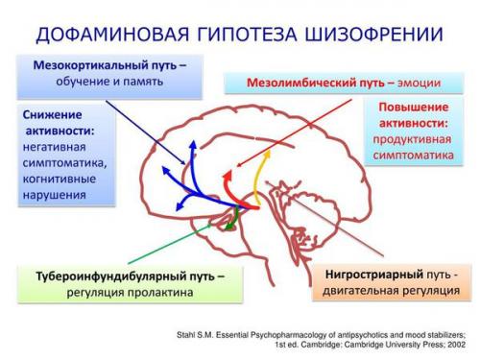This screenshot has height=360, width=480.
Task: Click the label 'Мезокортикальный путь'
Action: coord(95,66)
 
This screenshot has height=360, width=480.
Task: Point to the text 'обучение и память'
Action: coord(108,83)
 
